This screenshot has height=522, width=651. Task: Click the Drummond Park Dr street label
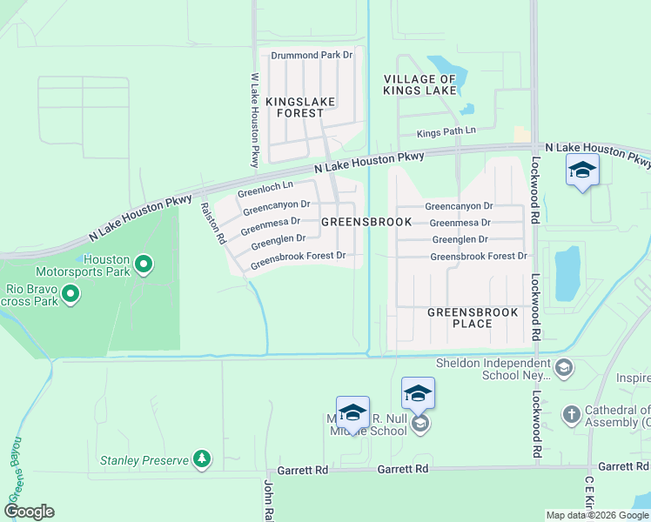(311, 56)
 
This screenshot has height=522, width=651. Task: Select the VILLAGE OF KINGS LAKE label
(420, 84)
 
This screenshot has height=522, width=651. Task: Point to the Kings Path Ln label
(446, 131)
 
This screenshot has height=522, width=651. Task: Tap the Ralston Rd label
(214, 223)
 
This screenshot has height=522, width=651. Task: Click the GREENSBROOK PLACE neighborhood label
(473, 318)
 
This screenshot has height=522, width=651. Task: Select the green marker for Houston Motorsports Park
(144, 262)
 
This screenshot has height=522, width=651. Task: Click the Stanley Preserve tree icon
(202, 458)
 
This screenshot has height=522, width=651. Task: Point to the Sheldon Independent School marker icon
(563, 369)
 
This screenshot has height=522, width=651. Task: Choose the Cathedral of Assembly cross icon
(571, 415)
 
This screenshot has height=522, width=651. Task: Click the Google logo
(29, 512)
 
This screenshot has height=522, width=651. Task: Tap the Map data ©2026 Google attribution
(596, 515)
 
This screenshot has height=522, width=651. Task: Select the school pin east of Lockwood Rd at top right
(581, 171)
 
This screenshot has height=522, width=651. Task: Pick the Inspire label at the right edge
(633, 378)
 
